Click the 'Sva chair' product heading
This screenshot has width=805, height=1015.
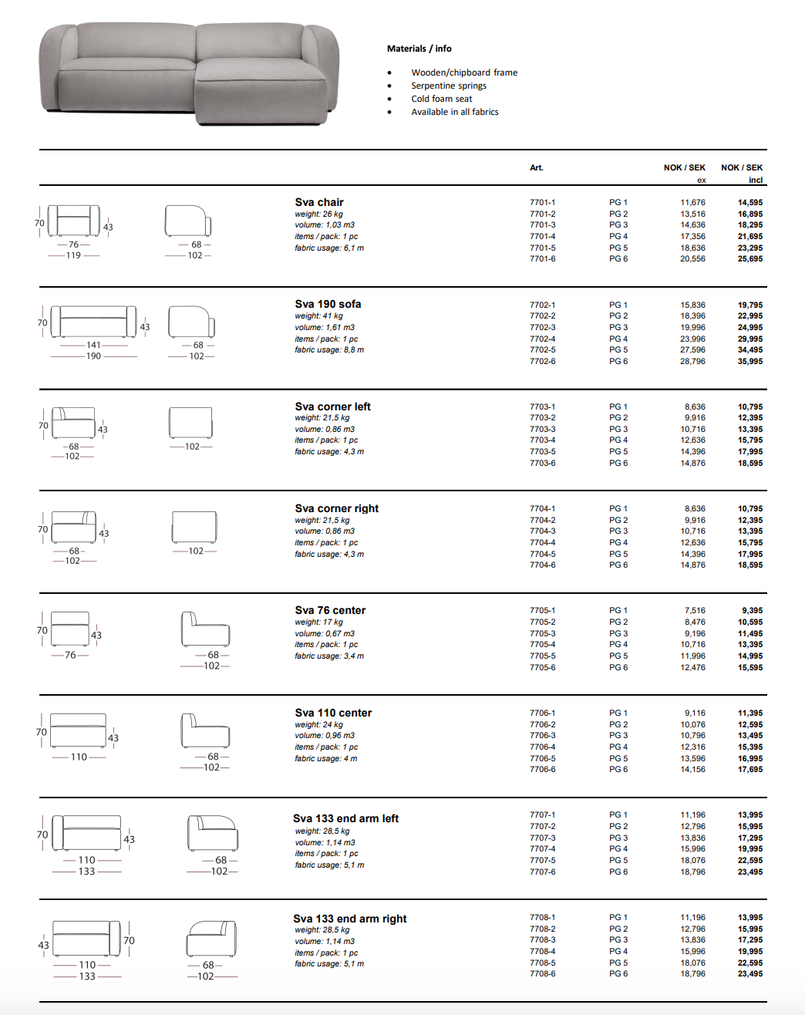click(x=318, y=202)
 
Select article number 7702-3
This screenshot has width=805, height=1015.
click(x=542, y=327)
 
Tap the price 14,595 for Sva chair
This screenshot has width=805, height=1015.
click(x=749, y=203)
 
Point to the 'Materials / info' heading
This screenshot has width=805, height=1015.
click(x=419, y=49)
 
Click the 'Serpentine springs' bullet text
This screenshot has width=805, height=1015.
click(x=448, y=86)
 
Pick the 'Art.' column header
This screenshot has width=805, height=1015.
click(x=536, y=167)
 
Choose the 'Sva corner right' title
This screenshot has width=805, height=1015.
click(x=336, y=508)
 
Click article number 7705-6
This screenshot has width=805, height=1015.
click(x=542, y=667)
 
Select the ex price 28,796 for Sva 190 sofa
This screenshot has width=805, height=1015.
click(x=692, y=361)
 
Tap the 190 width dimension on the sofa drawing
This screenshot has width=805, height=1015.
click(x=93, y=356)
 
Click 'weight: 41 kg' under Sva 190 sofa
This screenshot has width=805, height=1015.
click(x=318, y=315)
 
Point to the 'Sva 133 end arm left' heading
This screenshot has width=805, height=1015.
click(x=345, y=818)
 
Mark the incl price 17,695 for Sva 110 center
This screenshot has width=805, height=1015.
click(x=749, y=769)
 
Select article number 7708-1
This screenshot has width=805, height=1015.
click(x=542, y=917)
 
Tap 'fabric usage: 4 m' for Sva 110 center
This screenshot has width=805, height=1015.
click(x=325, y=758)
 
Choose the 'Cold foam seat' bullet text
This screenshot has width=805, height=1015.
click(x=441, y=99)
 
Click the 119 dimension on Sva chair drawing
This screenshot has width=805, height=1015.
click(x=73, y=255)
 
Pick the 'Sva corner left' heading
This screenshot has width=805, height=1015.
click(x=332, y=406)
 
